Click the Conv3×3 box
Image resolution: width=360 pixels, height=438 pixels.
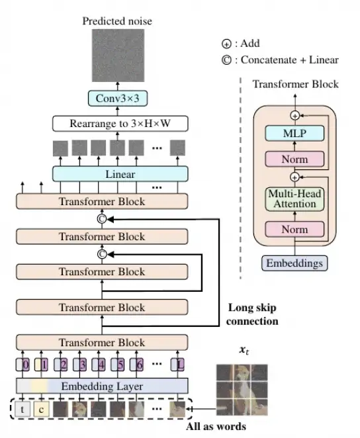(118, 99)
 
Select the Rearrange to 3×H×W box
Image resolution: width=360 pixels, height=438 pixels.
(120, 124)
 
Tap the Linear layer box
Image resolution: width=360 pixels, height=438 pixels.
(120, 174)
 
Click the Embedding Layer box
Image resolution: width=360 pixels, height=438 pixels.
(102, 386)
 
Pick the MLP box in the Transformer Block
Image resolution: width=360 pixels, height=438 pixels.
(294, 133)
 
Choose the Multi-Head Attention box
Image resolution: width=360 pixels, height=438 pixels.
(294, 199)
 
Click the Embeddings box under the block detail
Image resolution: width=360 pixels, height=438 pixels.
(294, 263)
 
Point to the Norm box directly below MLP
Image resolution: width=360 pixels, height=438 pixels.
(294, 159)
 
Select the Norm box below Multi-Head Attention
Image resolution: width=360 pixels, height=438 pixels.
(294, 230)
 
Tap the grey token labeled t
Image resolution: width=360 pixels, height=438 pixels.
(22, 410)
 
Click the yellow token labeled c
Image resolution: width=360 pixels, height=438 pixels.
(41, 410)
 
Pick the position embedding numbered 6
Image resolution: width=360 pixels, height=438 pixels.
(136, 365)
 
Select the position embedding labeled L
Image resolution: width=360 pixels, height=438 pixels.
(177, 365)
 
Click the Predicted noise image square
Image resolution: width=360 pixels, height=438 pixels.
(118, 56)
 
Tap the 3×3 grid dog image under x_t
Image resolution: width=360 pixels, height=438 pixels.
(242, 390)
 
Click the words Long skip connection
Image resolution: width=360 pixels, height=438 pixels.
(252, 314)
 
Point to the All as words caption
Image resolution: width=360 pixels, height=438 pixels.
(216, 427)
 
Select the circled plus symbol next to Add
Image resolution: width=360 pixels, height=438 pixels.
(226, 44)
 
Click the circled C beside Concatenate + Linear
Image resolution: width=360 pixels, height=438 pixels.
(226, 60)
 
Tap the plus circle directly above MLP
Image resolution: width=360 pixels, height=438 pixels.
(295, 115)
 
